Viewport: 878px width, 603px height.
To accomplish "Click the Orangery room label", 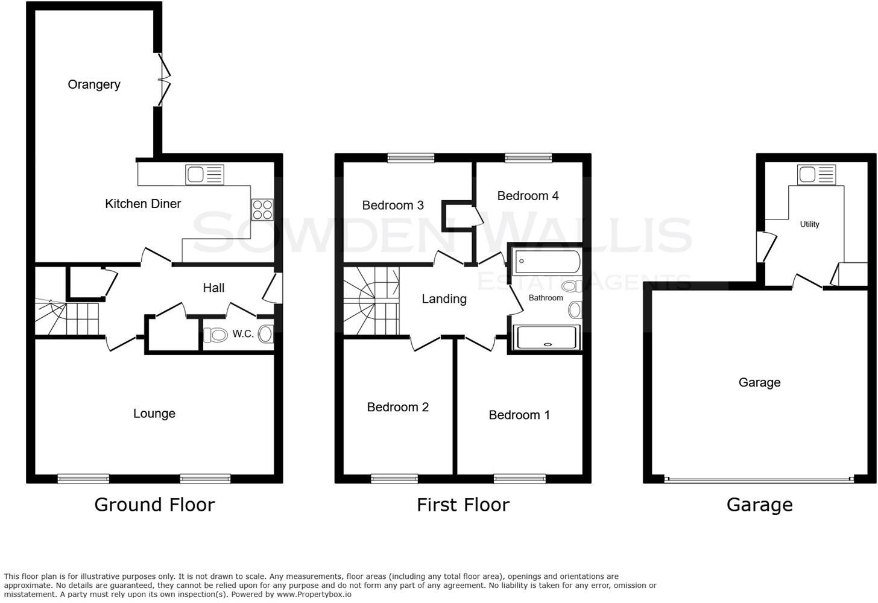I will click(x=93, y=84).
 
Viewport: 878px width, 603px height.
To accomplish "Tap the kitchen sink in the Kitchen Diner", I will click(x=204, y=175).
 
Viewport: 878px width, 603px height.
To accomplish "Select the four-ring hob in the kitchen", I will click(x=262, y=209).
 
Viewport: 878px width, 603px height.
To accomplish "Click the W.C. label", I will click(x=243, y=333).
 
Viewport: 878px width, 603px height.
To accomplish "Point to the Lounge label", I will click(x=154, y=414).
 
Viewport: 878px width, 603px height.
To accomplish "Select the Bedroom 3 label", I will click(x=393, y=206).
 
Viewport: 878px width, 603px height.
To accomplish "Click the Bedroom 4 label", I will click(x=528, y=196).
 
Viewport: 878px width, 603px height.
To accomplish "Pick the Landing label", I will click(x=444, y=299).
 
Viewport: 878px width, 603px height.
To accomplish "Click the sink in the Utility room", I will click(x=816, y=175).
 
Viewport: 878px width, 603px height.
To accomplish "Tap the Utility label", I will click(x=809, y=224).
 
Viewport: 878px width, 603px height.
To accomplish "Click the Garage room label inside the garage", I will click(x=759, y=382).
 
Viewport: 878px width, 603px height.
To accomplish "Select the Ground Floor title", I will click(x=154, y=505).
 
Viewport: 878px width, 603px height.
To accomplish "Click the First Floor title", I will click(x=463, y=505).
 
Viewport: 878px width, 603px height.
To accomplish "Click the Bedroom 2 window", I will click(x=394, y=479).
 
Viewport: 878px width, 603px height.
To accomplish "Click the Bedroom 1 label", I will click(x=519, y=415).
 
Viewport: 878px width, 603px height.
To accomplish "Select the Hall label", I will click(x=213, y=288).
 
